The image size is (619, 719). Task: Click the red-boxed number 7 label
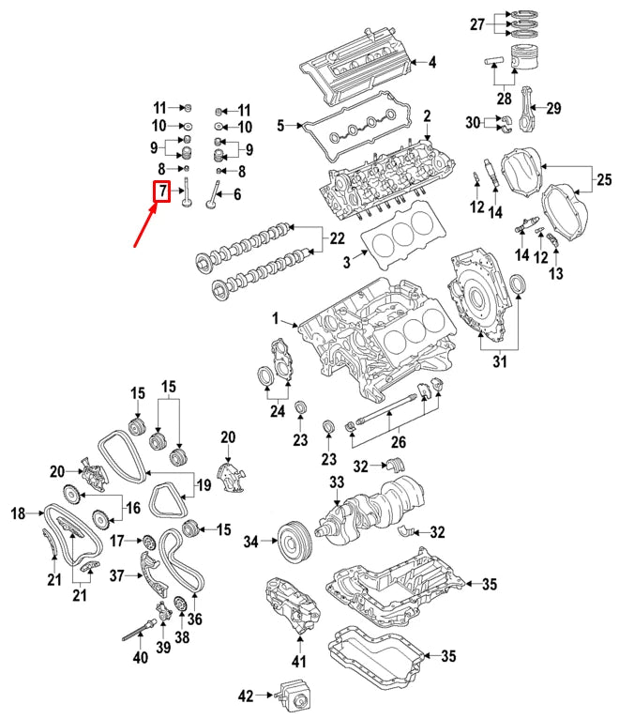[161, 191]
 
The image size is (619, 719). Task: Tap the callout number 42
[246, 696]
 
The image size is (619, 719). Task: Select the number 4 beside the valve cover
[432, 62]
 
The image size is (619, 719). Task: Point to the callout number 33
[337, 482]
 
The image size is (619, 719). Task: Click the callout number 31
[499, 361]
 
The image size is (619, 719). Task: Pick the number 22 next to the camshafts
[337, 238]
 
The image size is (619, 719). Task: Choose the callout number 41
[299, 661]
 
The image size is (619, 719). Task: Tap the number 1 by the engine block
[275, 318]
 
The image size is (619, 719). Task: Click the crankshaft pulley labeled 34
[295, 543]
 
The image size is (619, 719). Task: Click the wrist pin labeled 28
[493, 60]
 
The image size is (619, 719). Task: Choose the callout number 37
[117, 575]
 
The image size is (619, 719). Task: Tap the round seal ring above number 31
[518, 284]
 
